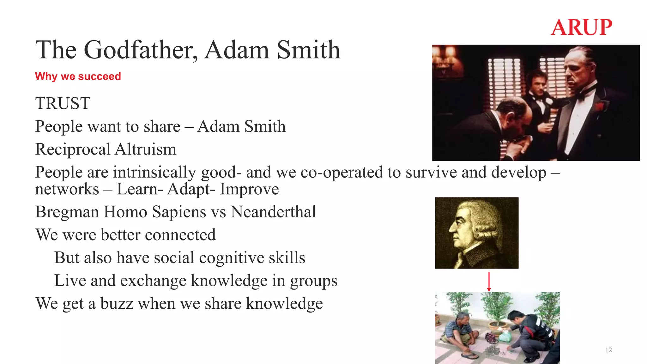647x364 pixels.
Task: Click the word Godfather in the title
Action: [139, 50]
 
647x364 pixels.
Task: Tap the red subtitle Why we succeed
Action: [78, 76]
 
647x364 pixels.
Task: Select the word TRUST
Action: [63, 103]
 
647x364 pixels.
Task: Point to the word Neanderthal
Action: [273, 212]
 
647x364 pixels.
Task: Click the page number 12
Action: [608, 350]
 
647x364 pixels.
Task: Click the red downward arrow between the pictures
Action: [489, 281]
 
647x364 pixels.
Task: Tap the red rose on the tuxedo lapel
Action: [599, 106]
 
